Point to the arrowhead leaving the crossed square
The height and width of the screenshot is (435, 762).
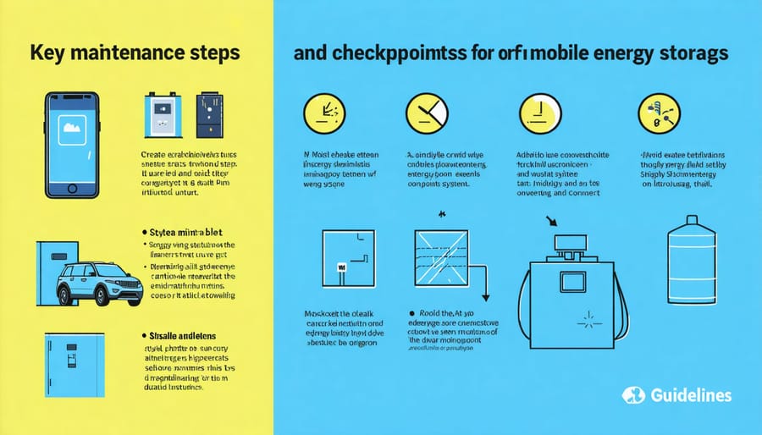486,296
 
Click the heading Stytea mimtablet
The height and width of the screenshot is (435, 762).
182,229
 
